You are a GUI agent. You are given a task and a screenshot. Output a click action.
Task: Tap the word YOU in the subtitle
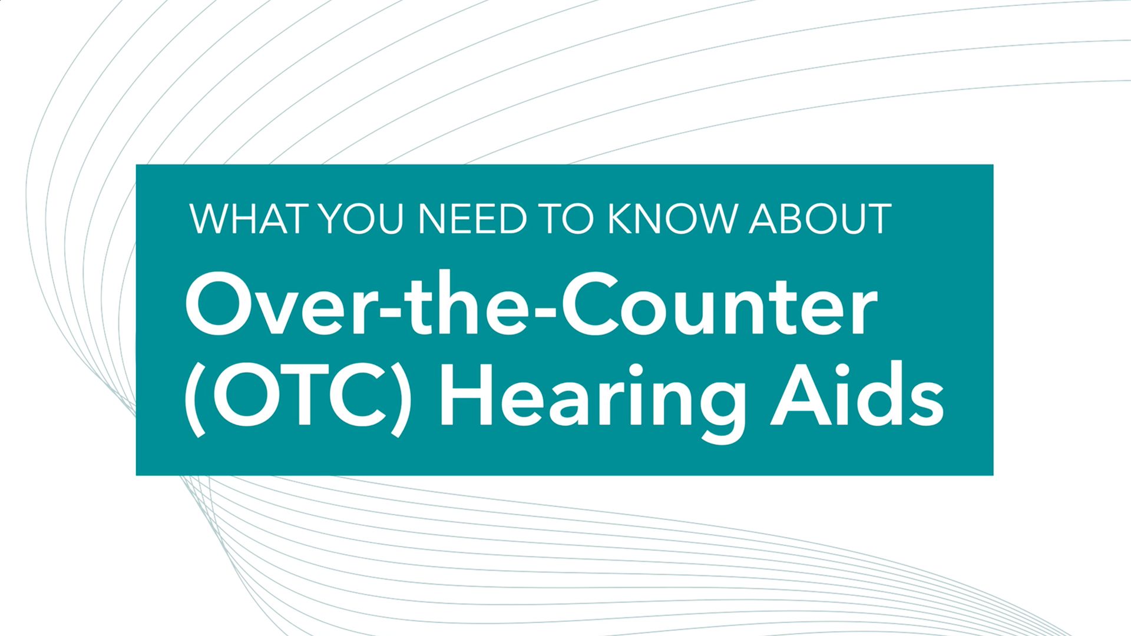point(361,219)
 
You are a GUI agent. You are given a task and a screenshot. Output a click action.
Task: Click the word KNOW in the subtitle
point(672,219)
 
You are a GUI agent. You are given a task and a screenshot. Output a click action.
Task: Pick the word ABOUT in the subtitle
point(821,219)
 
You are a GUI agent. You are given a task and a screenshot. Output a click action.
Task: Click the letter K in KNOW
point(620,219)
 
